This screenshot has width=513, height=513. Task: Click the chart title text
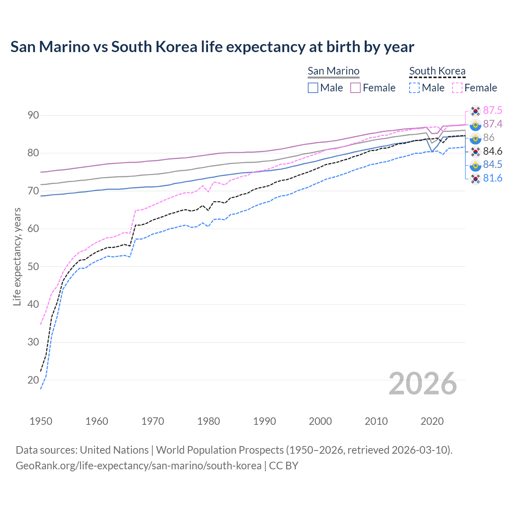(x=212, y=47)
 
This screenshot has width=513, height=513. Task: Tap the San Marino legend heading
(x=333, y=71)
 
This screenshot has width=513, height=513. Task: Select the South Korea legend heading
(x=437, y=71)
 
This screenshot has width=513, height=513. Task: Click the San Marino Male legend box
(x=313, y=88)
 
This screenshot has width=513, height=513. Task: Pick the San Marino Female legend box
(x=355, y=88)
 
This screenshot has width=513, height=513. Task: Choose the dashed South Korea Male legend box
(x=414, y=88)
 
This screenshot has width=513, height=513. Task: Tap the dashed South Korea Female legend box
(x=457, y=88)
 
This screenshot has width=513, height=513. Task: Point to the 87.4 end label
(x=493, y=124)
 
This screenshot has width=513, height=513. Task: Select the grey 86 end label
(x=489, y=138)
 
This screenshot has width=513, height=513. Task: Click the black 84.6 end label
(x=493, y=151)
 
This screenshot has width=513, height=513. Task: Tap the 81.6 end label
(x=493, y=178)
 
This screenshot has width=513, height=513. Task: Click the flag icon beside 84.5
(x=475, y=165)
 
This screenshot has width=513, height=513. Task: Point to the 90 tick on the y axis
(x=33, y=115)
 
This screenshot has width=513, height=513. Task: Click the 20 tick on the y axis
(x=33, y=380)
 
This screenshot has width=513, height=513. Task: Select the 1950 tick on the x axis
(x=41, y=421)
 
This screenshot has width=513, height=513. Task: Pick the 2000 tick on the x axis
(x=320, y=421)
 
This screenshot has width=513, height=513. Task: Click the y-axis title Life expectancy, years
(x=17, y=256)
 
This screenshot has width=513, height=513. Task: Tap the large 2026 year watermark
(x=423, y=384)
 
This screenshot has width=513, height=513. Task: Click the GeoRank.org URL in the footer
(x=138, y=466)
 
